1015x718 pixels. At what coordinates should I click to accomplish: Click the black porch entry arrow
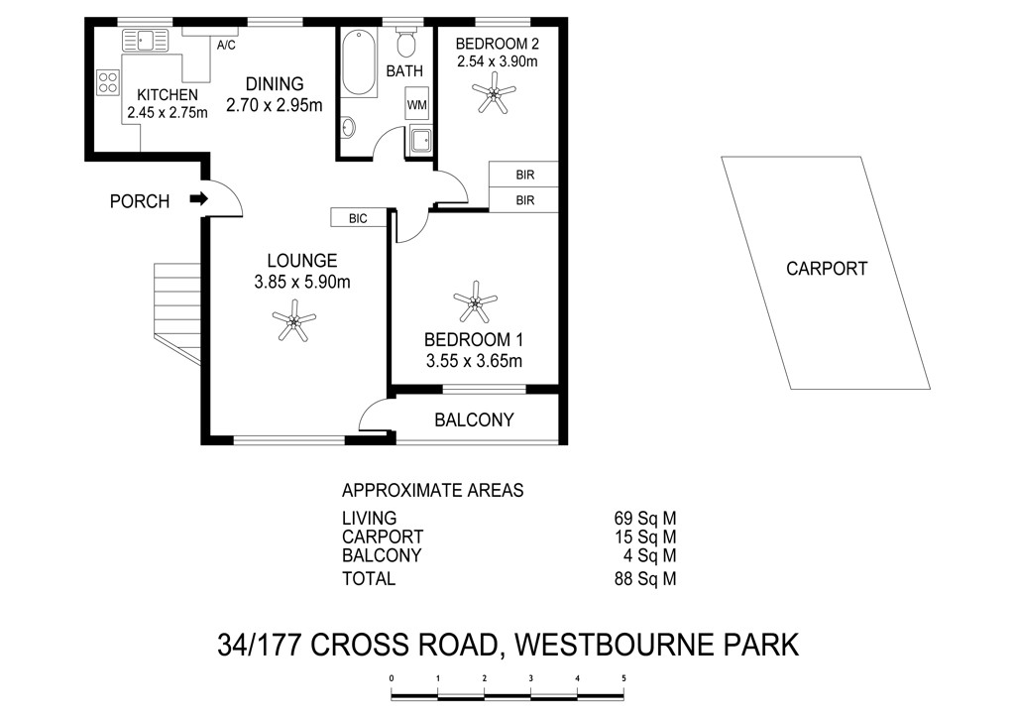click(198, 198)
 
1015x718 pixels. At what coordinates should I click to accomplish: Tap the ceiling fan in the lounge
click(293, 319)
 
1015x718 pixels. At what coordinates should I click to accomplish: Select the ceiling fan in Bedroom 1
click(475, 301)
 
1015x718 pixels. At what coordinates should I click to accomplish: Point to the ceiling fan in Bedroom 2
click(494, 93)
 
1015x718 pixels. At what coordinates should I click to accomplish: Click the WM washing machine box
click(417, 104)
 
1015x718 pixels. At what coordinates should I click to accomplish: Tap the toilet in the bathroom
click(405, 42)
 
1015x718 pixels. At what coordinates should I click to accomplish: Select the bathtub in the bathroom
click(359, 62)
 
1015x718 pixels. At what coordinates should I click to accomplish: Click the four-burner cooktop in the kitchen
click(108, 82)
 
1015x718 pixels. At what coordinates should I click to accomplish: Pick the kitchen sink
click(145, 40)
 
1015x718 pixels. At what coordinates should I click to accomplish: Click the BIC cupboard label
click(357, 219)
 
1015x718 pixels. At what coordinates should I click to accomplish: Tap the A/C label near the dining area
click(226, 46)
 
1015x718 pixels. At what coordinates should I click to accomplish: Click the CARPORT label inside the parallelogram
click(826, 269)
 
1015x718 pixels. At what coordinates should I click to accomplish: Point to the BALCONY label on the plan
click(474, 420)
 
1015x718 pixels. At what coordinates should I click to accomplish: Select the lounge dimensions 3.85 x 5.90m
click(302, 283)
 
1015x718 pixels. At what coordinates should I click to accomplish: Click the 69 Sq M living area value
click(644, 519)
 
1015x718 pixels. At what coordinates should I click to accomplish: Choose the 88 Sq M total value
click(644, 579)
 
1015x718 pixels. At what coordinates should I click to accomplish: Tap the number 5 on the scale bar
click(624, 678)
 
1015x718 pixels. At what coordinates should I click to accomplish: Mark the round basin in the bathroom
click(349, 128)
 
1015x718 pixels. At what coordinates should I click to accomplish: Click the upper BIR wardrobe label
click(525, 175)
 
